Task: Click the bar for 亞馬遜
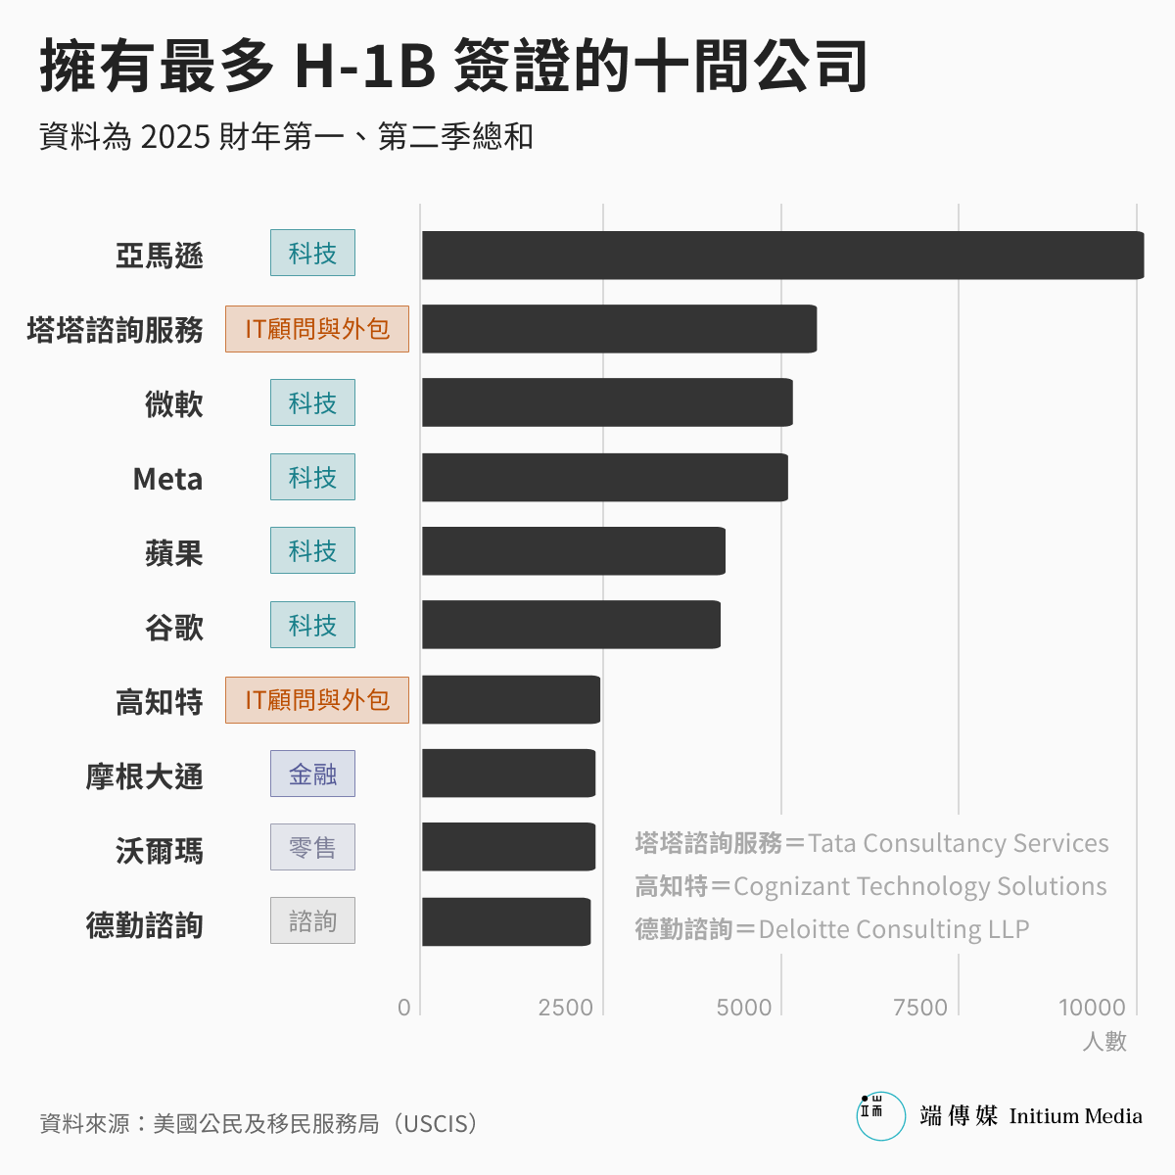coord(782,256)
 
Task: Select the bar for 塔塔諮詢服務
coord(619,329)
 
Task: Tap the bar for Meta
coord(604,478)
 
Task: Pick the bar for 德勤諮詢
coord(505,921)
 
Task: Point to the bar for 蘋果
coord(573,551)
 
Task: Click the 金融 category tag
coord(312,775)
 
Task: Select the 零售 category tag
coord(312,848)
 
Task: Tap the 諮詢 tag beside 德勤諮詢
coord(312,921)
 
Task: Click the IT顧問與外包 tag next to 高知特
coord(316,700)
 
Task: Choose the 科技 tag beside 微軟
coord(312,403)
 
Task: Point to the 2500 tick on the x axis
coord(565,1008)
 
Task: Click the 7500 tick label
coord(919,1008)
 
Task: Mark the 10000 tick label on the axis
coord(1092,1008)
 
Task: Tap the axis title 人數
coord(1104,1042)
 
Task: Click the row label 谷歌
coord(174,628)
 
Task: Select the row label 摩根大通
coord(145,776)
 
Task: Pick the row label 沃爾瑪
coord(160,851)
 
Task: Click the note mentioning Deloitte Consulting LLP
coord(832,929)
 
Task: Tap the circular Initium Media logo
coord(880,1116)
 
